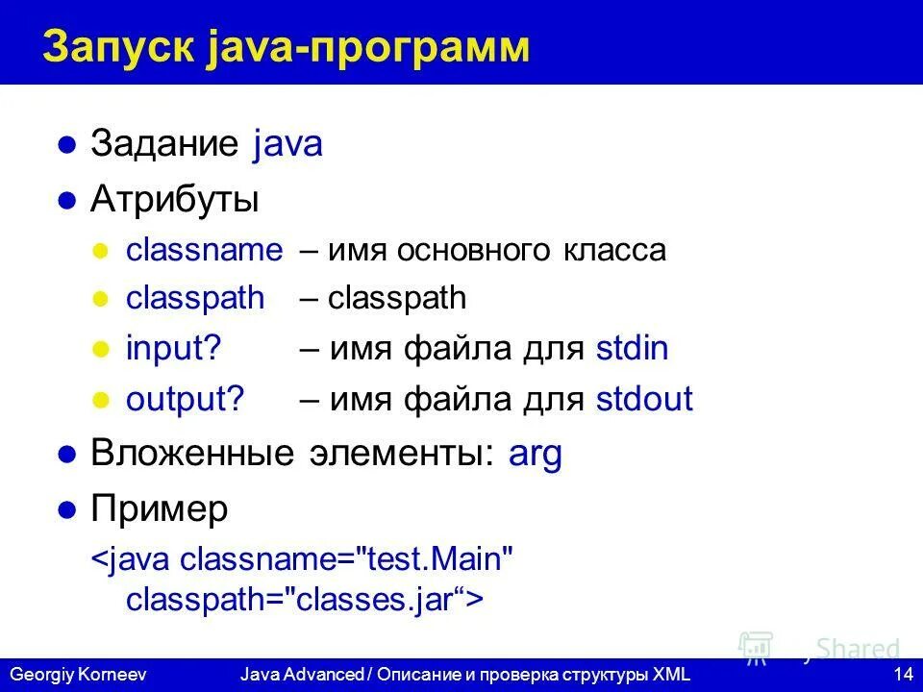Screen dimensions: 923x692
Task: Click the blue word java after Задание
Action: (288, 145)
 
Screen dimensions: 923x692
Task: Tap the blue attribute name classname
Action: (205, 251)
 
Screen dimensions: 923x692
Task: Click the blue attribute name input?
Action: (174, 348)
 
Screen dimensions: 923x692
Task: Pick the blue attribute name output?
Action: (186, 399)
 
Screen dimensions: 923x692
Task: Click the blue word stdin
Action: (632, 348)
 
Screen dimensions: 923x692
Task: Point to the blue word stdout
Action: (643, 399)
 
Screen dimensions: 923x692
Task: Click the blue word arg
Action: (535, 454)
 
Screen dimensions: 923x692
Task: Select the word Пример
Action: (160, 509)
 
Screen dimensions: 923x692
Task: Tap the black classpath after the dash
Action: (397, 299)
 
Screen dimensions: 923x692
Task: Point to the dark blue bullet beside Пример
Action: (66, 510)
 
